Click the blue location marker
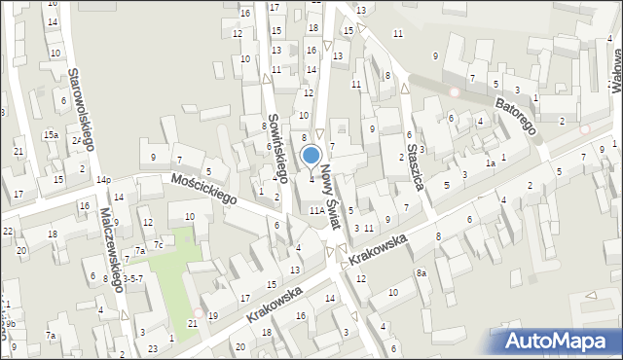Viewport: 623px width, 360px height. pyautogui.click(x=311, y=156)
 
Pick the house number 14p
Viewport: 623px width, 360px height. pyautogui.click(x=102, y=180)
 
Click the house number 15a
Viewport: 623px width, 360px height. pyautogui.click(x=50, y=133)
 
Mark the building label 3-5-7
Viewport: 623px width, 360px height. pyautogui.click(x=132, y=278)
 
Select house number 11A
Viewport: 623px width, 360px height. pyautogui.click(x=316, y=209)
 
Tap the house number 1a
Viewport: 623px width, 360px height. pyautogui.click(x=492, y=163)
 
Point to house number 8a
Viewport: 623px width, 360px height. pyautogui.click(x=421, y=273)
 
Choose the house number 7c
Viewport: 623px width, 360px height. pyautogui.click(x=157, y=245)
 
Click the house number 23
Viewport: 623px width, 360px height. pyautogui.click(x=153, y=348)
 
